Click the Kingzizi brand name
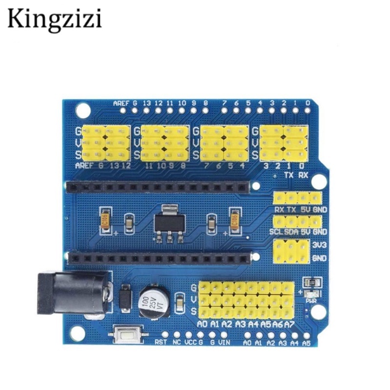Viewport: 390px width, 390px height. click(x=54, y=19)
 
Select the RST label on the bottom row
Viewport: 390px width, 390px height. click(x=161, y=342)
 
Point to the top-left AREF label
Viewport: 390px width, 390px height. click(x=121, y=103)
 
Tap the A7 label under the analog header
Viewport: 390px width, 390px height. click(x=289, y=324)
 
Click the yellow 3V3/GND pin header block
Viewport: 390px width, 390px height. click(x=292, y=252)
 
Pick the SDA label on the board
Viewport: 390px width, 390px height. click(x=292, y=232)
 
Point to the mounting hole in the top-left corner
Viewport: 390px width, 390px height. click(x=83, y=110)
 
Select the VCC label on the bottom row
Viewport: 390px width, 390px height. click(x=191, y=342)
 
